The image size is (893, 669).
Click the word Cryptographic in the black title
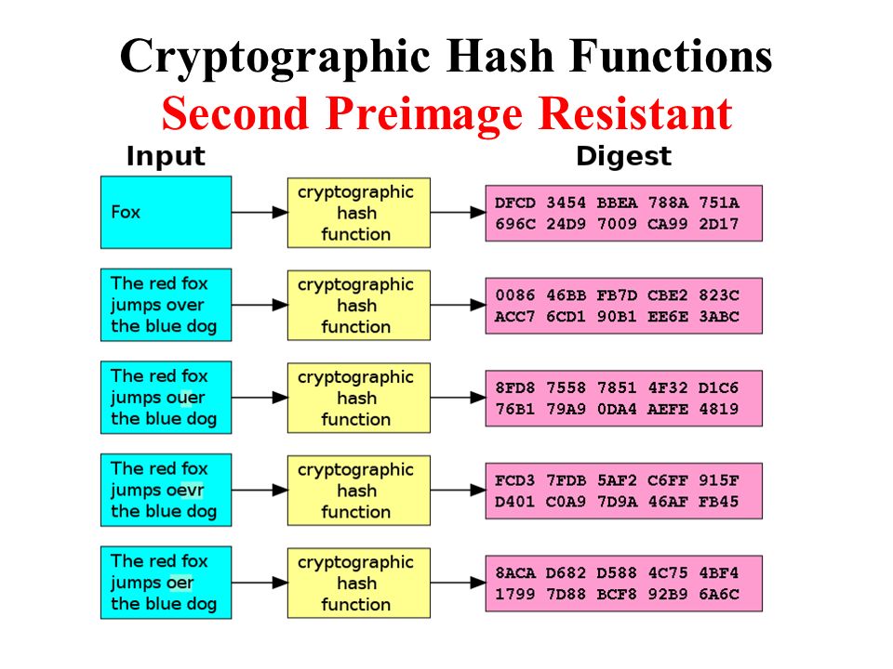pyautogui.click(x=275, y=58)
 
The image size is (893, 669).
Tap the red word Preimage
pyautogui.click(x=424, y=114)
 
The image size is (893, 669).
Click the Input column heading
pyautogui.click(x=166, y=157)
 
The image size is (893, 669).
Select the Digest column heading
pyautogui.click(x=623, y=156)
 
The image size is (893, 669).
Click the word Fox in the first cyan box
pyautogui.click(x=126, y=212)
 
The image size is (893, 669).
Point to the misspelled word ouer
pyautogui.click(x=181, y=398)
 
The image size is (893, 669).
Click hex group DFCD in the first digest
pyautogui.click(x=514, y=203)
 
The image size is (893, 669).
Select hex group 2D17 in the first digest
pyautogui.click(x=719, y=224)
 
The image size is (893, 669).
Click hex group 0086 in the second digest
pyautogui.click(x=514, y=295)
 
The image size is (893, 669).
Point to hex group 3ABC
pyautogui.click(x=719, y=317)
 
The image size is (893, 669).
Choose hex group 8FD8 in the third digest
pyautogui.click(x=514, y=388)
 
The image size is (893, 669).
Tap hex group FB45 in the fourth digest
pyautogui.click(x=719, y=502)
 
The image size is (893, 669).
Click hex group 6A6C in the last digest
pyautogui.click(x=719, y=595)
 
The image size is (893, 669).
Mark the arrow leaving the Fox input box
pyautogui.click(x=260, y=213)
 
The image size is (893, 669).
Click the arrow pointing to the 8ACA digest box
pyautogui.click(x=458, y=583)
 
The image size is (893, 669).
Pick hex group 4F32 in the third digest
pyautogui.click(x=668, y=388)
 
